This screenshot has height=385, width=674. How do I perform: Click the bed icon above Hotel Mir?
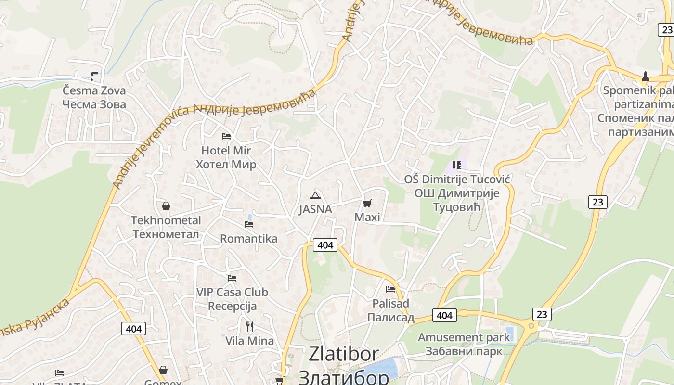(x=226, y=136)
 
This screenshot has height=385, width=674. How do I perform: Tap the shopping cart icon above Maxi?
(x=367, y=203)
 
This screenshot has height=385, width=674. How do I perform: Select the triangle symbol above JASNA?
(x=315, y=195)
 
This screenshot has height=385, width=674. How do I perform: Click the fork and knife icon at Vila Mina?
(x=249, y=327)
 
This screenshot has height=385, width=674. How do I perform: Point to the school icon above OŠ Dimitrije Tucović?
(x=457, y=165)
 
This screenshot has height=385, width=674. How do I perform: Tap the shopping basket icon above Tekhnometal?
(x=166, y=206)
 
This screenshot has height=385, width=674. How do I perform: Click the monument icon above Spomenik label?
(x=645, y=77)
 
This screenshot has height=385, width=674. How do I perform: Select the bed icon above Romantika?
(x=249, y=224)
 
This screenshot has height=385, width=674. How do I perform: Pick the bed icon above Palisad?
(x=390, y=289)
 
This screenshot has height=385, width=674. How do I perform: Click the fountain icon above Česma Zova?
(x=94, y=77)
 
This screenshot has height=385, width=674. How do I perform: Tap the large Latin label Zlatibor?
(x=344, y=354)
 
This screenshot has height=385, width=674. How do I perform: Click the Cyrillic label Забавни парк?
(x=464, y=351)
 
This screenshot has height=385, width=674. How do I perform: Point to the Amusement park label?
(x=464, y=337)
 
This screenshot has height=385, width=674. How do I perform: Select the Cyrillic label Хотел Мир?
(x=226, y=165)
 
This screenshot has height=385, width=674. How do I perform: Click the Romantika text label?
(x=249, y=239)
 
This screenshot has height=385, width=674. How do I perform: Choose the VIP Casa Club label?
(x=232, y=292)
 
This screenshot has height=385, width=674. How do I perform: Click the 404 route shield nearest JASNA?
(x=325, y=245)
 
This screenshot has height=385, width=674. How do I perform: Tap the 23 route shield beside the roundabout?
(x=542, y=314)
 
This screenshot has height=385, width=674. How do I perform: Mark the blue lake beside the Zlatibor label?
(x=383, y=368)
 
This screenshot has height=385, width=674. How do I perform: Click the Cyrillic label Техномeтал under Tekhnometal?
(x=166, y=234)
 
